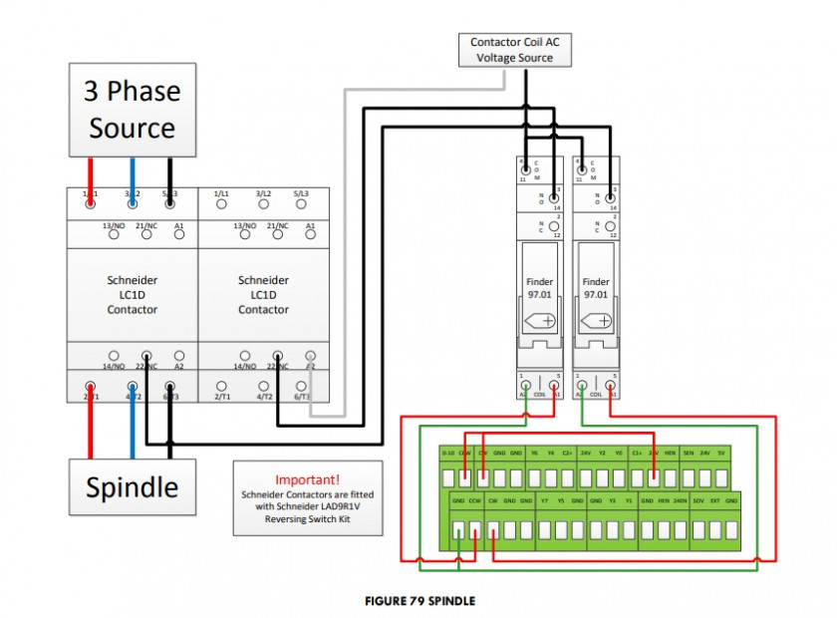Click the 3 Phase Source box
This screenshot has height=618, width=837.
132,110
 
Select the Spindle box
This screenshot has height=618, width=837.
132,486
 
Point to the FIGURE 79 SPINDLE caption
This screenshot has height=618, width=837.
418,601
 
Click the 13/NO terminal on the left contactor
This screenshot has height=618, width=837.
114,237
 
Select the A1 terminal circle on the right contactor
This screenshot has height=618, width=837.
310,237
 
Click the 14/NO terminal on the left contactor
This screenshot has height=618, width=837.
114,355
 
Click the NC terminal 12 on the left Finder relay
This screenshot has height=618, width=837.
553,227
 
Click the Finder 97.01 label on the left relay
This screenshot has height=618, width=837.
539,288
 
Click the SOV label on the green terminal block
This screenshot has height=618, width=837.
698,500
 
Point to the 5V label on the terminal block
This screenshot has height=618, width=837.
721,453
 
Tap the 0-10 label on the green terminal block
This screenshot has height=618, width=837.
448,453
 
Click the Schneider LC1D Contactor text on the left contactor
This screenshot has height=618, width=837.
132,295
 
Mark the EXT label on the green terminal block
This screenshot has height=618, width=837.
714,500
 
